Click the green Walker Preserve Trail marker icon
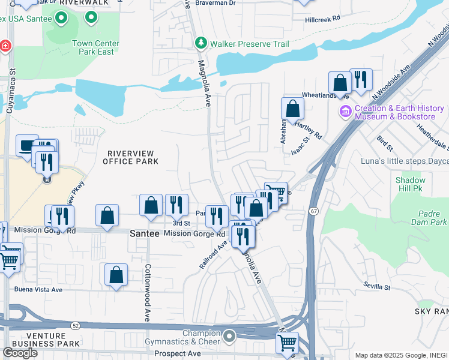pyautogui.click(x=200, y=43)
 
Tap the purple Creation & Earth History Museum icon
pyautogui.click(x=345, y=112)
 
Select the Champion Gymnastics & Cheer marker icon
pyautogui.click(x=229, y=337)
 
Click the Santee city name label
pyautogui.click(x=145, y=234)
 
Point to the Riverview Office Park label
pyautogui.click(x=130, y=157)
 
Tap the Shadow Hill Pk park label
pyautogui.click(x=410, y=184)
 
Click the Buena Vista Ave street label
pyautogui.click(x=38, y=289)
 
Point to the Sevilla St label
pyautogui.click(x=377, y=286)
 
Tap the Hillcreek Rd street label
pyautogui.click(x=322, y=19)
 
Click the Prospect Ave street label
pyautogui.click(x=177, y=354)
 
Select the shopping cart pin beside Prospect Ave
pyautogui.click(x=287, y=343)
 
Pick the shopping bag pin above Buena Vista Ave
pyautogui.click(x=116, y=275)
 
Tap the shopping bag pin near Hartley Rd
pyautogui.click(x=292, y=109)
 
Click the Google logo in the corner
pyautogui.click(x=20, y=353)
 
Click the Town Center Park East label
pyautogui.click(x=95, y=47)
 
